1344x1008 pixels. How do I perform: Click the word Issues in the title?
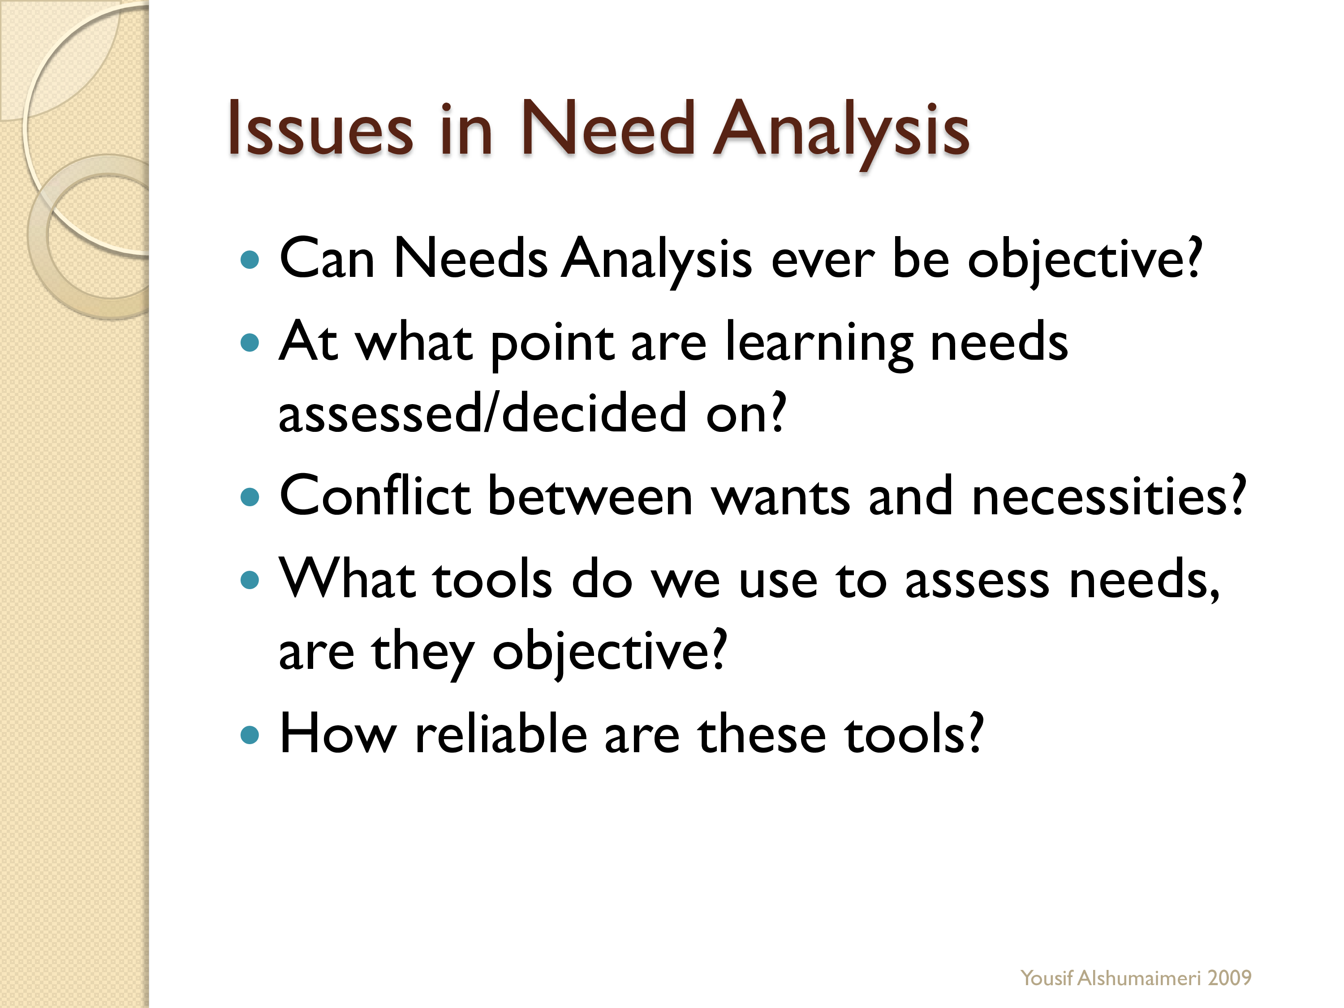pyautogui.click(x=320, y=129)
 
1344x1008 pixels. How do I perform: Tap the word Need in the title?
pyautogui.click(x=607, y=129)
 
